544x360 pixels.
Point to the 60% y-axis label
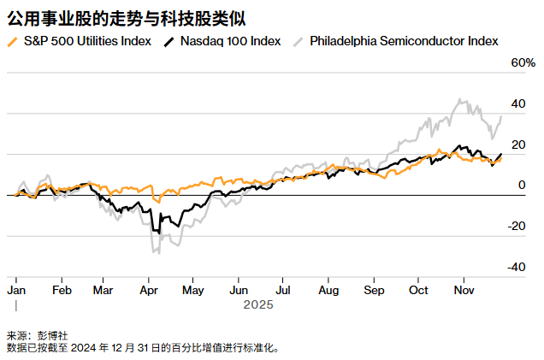522,63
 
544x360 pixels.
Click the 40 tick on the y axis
517,104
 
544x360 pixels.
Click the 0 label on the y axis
522,185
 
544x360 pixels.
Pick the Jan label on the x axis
16,291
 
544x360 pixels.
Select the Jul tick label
282,291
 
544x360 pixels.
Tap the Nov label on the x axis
464,291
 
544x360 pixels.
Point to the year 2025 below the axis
257,304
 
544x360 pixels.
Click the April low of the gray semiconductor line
155,251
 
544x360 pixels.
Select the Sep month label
374,291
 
